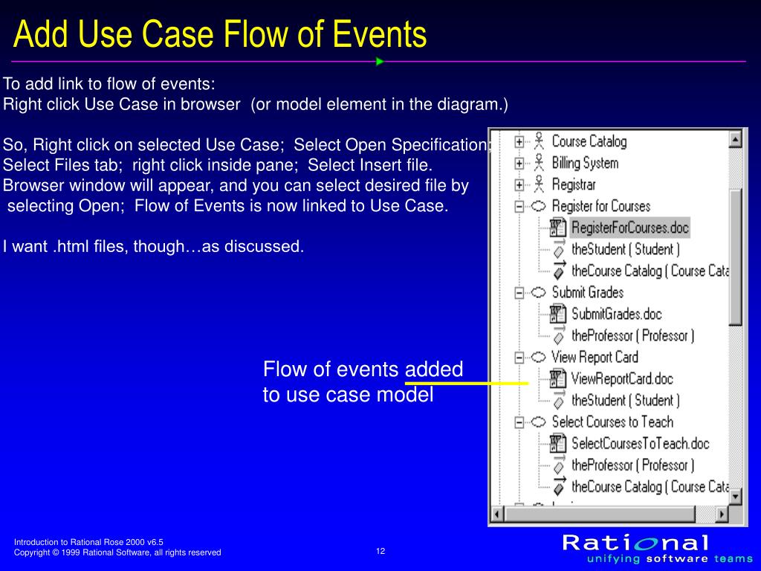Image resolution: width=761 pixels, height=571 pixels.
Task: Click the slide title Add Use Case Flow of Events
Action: tap(221, 35)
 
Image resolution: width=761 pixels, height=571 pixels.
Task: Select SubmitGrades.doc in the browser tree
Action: tap(616, 314)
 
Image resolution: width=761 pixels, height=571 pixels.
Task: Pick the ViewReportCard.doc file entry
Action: tap(621, 379)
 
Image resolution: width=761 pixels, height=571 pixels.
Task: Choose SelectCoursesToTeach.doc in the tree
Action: tap(640, 444)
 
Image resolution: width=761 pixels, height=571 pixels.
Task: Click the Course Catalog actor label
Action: tap(589, 141)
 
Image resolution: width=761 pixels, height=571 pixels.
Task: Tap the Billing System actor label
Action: tap(585, 163)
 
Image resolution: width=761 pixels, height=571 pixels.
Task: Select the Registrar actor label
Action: tap(574, 184)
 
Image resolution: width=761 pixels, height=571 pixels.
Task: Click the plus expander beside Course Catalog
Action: tap(519, 141)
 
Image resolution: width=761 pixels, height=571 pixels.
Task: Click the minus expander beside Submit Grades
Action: tap(519, 292)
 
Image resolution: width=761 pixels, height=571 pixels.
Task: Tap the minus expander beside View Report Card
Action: tap(519, 358)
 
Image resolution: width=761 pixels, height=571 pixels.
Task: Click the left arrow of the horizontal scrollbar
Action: tap(498, 513)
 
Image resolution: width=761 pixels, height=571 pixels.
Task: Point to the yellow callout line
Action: tap(467, 383)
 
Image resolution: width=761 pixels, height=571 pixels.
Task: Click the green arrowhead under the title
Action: tap(380, 62)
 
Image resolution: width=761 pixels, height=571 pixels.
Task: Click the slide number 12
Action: tap(380, 551)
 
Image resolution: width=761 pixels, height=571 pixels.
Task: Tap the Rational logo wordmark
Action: tap(635, 542)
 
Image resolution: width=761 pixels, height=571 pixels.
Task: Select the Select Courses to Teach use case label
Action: tap(612, 422)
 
